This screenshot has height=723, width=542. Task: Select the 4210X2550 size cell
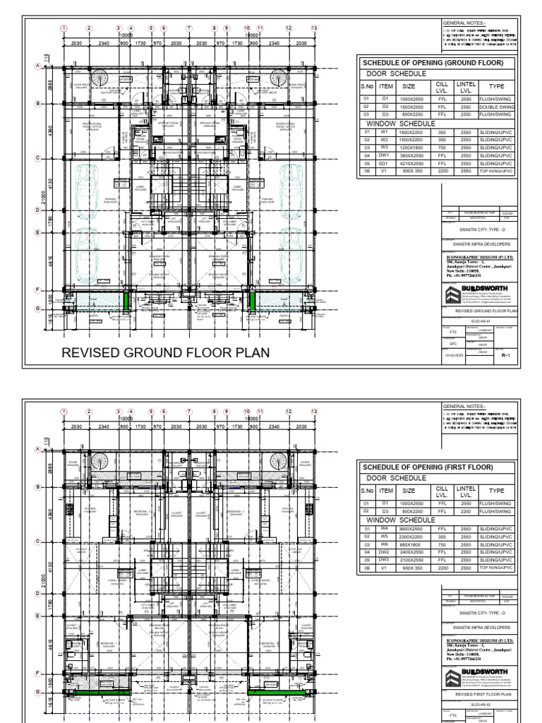coord(409,163)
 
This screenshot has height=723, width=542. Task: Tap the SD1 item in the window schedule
coord(385,163)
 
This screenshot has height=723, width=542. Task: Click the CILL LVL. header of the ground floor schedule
coord(442,85)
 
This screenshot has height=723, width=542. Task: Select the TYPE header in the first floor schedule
coord(497,490)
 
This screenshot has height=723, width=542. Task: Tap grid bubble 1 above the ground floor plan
coord(64,28)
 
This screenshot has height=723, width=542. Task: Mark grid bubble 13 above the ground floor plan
coord(314,28)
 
